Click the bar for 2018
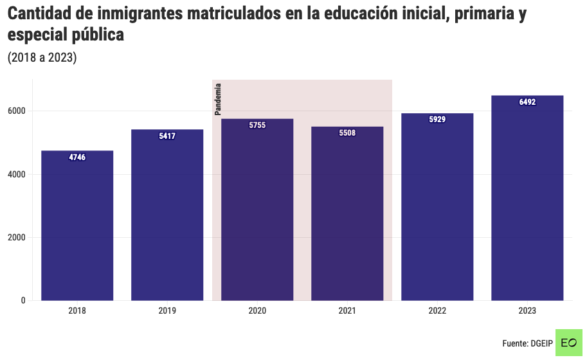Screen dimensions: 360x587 [77, 225]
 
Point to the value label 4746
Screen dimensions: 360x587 [77, 157]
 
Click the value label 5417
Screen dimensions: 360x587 [167, 136]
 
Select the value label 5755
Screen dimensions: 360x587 [257, 125]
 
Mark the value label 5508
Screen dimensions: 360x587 [347, 133]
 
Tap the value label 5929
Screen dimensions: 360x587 [437, 120]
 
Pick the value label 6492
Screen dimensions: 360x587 [527, 102]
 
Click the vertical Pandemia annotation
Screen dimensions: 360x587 [218, 99]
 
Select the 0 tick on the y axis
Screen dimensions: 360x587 [23, 300]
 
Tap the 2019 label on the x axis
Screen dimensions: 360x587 [167, 310]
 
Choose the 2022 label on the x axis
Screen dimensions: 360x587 [437, 310]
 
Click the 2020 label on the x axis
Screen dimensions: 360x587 [257, 310]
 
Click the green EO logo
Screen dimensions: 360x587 [568, 343]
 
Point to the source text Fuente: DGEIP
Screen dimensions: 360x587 [527, 343]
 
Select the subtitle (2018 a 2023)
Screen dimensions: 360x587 [42, 58]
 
